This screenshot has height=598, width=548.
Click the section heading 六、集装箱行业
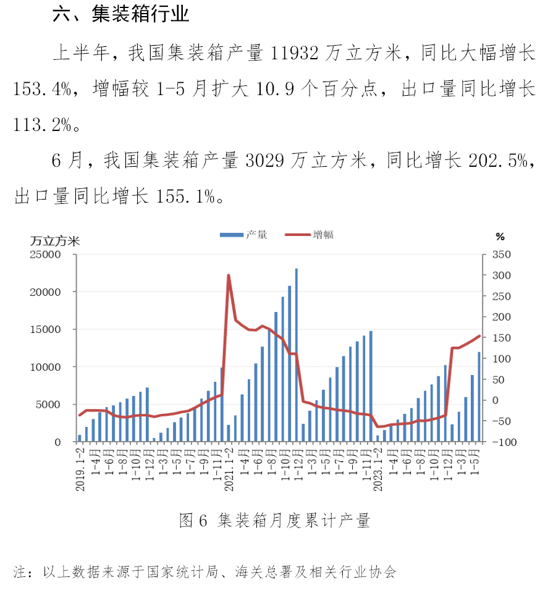(121, 15)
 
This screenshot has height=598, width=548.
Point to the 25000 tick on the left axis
(47, 255)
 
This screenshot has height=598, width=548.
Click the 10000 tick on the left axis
(47, 367)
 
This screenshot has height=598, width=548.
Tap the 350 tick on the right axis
(502, 255)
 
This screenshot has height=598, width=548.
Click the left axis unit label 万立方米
(56, 241)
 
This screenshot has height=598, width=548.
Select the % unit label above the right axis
(500, 237)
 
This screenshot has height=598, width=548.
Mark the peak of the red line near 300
(229, 276)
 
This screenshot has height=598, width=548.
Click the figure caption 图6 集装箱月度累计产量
(274, 521)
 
